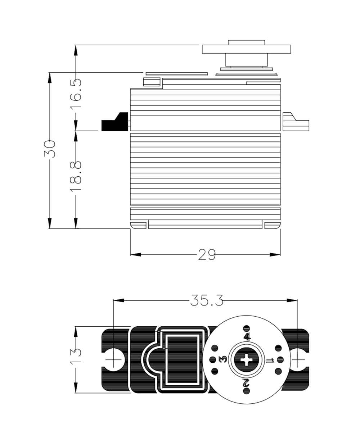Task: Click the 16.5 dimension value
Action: pyautogui.click(x=76, y=94)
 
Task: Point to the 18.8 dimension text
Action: pyautogui.click(x=76, y=176)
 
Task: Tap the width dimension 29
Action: pyautogui.click(x=207, y=255)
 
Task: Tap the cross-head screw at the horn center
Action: pyautogui.click(x=247, y=359)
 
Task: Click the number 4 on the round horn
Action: pyautogui.click(x=247, y=337)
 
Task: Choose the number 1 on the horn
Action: pyautogui.click(x=270, y=360)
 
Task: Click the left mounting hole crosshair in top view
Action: pyautogui.click(x=113, y=359)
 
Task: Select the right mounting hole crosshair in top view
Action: pyautogui.click(x=297, y=359)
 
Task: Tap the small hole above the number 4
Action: pyautogui.click(x=247, y=328)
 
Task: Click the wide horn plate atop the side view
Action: pyautogui.click(x=246, y=49)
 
